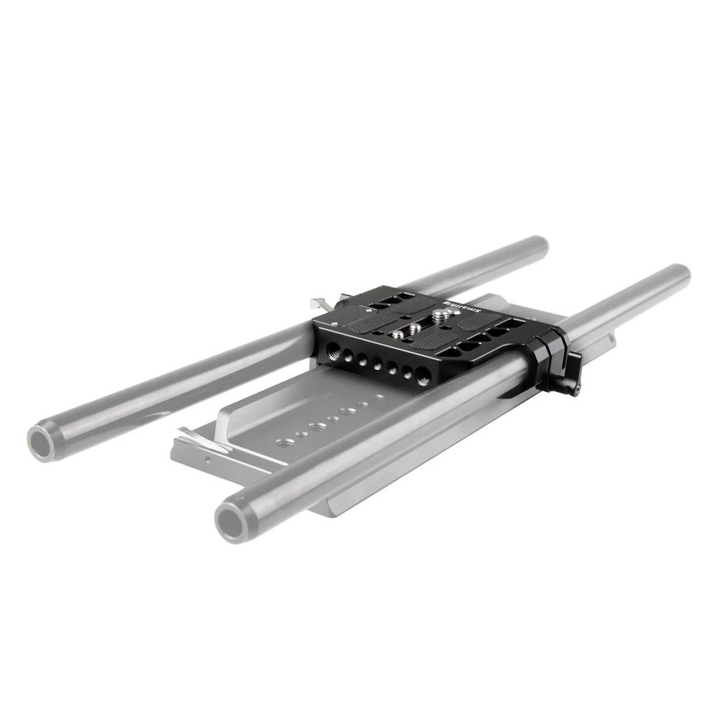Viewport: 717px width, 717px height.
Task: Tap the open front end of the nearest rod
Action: click(x=234, y=521)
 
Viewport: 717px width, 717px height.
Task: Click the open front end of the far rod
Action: click(x=44, y=442)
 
